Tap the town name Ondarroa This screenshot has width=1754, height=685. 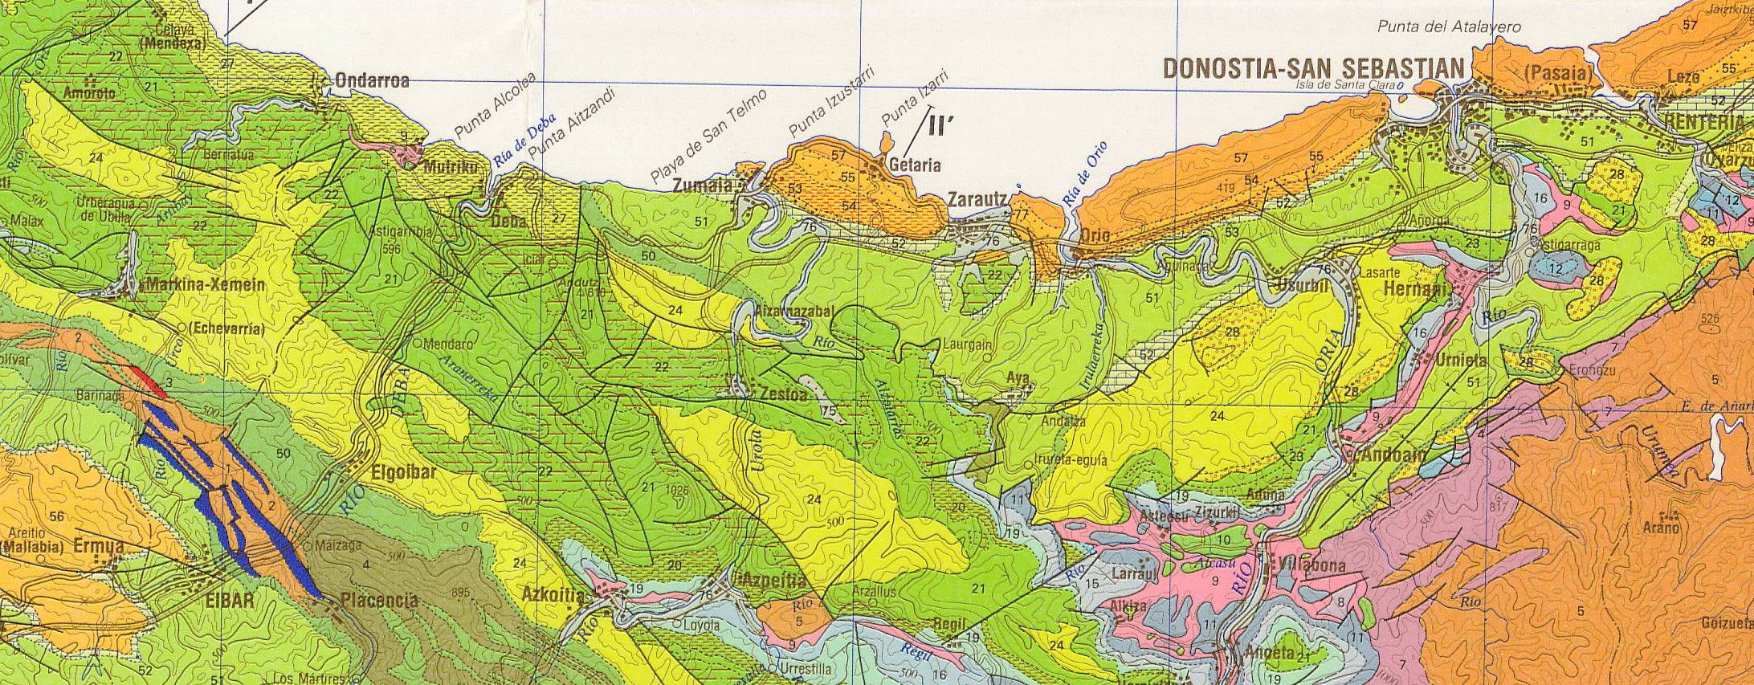pyautogui.click(x=372, y=81)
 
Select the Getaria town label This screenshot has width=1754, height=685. pyautogui.click(x=915, y=165)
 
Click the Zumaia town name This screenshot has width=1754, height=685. pyautogui.click(x=704, y=186)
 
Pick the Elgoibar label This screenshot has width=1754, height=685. pyautogui.click(x=405, y=472)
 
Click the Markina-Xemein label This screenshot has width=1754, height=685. pyautogui.click(x=206, y=285)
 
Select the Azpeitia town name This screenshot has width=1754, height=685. pyautogui.click(x=775, y=580)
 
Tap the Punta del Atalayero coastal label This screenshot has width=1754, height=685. pyautogui.click(x=1449, y=27)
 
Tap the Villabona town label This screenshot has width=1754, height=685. pyautogui.click(x=1310, y=566)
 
